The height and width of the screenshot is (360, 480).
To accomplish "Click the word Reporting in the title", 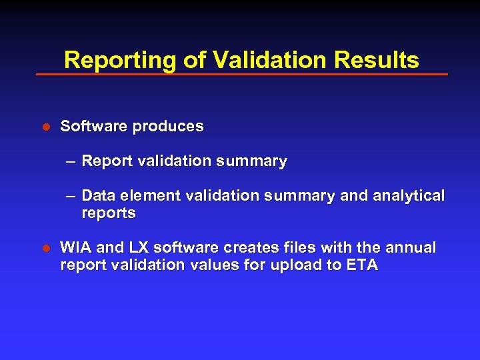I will coord(121,61).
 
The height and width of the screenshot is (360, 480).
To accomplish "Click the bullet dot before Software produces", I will coord(47,127).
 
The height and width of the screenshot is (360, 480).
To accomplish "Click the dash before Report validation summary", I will coord(71,161).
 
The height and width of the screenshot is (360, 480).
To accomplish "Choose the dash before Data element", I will coord(71,196).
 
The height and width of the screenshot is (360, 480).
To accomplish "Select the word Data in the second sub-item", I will coord(98,196).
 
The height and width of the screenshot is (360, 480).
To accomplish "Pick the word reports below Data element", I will coord(109,213).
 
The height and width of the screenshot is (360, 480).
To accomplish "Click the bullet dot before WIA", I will coord(47,249).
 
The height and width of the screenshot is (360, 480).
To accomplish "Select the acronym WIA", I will coord(75,248).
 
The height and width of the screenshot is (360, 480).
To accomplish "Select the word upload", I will coord(305,265).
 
